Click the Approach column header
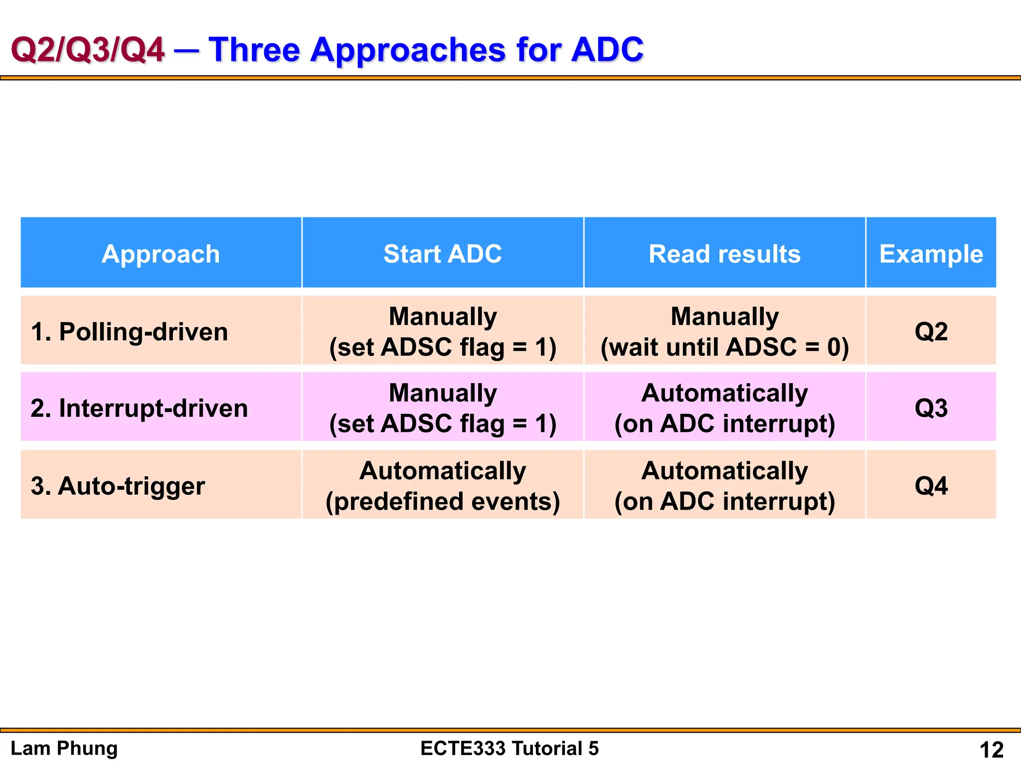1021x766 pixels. click(161, 254)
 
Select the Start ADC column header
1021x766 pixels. click(442, 254)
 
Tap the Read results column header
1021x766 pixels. click(724, 254)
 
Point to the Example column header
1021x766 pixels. click(931, 254)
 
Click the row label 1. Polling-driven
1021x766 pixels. click(130, 332)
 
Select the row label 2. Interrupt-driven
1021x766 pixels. click(139, 408)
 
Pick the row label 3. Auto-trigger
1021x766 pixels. click(118, 486)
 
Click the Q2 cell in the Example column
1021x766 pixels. click(931, 332)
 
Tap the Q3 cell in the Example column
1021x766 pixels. click(931, 408)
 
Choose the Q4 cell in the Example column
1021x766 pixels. click(931, 486)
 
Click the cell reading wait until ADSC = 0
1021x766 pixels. click(724, 347)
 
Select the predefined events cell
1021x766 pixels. click(442, 501)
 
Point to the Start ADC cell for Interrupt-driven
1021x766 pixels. click(442, 408)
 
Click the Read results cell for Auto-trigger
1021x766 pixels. click(724, 486)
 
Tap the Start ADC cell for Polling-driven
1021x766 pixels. click(442, 332)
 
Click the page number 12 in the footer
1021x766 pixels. click(991, 750)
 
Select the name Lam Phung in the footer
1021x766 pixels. click(64, 748)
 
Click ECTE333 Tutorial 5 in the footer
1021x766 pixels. click(510, 748)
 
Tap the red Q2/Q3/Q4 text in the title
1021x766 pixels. click(88, 50)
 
